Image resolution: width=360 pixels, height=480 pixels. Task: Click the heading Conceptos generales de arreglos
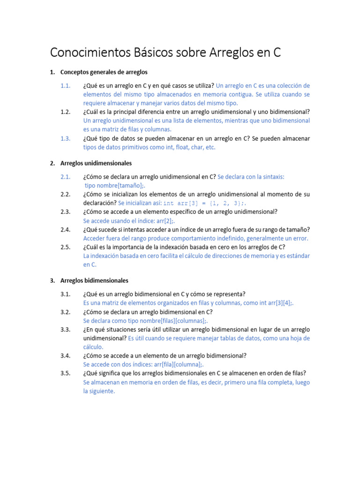pos(104,72)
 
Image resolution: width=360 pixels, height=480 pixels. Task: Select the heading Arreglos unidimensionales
pos(96,163)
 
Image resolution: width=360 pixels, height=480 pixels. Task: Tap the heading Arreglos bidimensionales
pos(94,280)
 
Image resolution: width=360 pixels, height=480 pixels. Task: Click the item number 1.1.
pos(65,85)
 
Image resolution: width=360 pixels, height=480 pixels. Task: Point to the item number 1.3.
pos(65,138)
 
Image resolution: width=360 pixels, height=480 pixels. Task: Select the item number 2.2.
pos(65,194)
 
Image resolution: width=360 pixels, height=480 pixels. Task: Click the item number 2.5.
pos(65,247)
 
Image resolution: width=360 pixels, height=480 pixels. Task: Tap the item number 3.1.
pos(65,294)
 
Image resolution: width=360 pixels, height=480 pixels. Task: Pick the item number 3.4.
pos(65,356)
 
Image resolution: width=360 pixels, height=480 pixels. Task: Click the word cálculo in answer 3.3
pos(92,347)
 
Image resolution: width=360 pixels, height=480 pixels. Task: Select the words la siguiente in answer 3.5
pos(99,391)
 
